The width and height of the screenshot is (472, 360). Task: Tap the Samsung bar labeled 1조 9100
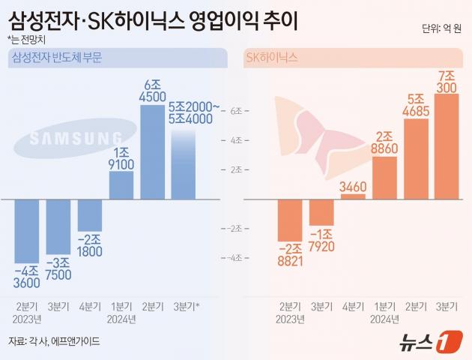(121, 185)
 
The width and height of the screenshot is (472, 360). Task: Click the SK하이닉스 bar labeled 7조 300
(446, 146)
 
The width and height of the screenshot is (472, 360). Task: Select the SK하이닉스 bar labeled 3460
(353, 196)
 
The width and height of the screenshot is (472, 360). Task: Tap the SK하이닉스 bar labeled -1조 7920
(321, 212)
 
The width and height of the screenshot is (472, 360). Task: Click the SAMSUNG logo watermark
(76, 138)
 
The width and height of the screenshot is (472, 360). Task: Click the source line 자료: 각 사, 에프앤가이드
(54, 341)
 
